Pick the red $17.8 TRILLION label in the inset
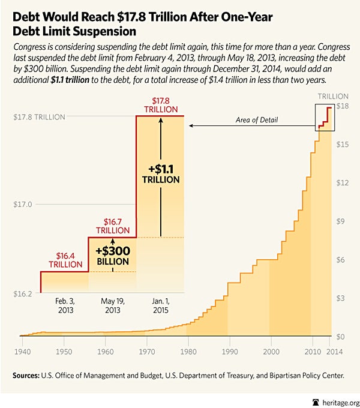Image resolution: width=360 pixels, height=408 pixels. click(x=160, y=105)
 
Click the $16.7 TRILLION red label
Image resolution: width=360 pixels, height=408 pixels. click(x=113, y=226)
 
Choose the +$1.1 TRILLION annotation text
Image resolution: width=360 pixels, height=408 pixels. click(x=161, y=173)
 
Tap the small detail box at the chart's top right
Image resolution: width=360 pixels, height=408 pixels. click(x=324, y=117)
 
